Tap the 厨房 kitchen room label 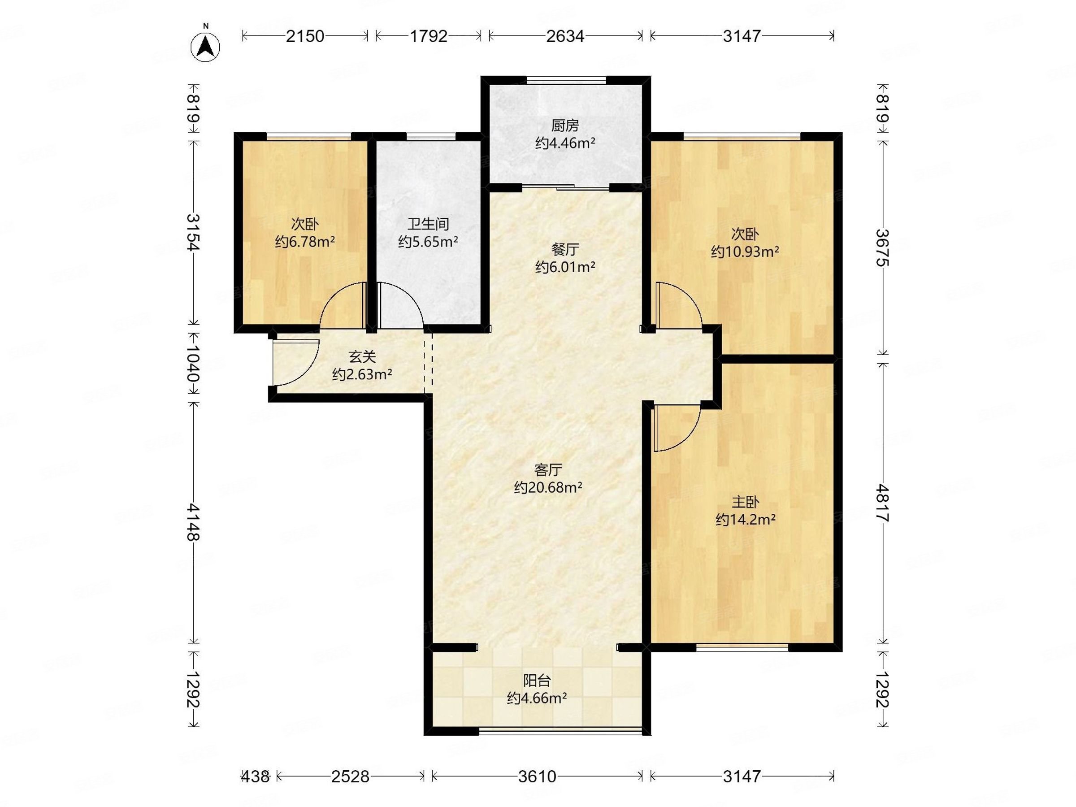[565, 126]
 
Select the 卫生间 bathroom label [428, 224]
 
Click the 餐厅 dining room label [565, 250]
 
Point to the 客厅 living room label [548, 470]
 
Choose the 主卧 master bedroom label [745, 502]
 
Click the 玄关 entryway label [362, 357]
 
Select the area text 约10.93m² [745, 252]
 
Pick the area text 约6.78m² [304, 242]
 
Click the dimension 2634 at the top [565, 36]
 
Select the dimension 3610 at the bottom [537, 777]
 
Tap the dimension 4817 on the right [882, 503]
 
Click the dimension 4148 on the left [194, 522]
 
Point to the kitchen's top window [566, 80]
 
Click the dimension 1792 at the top [428, 36]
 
